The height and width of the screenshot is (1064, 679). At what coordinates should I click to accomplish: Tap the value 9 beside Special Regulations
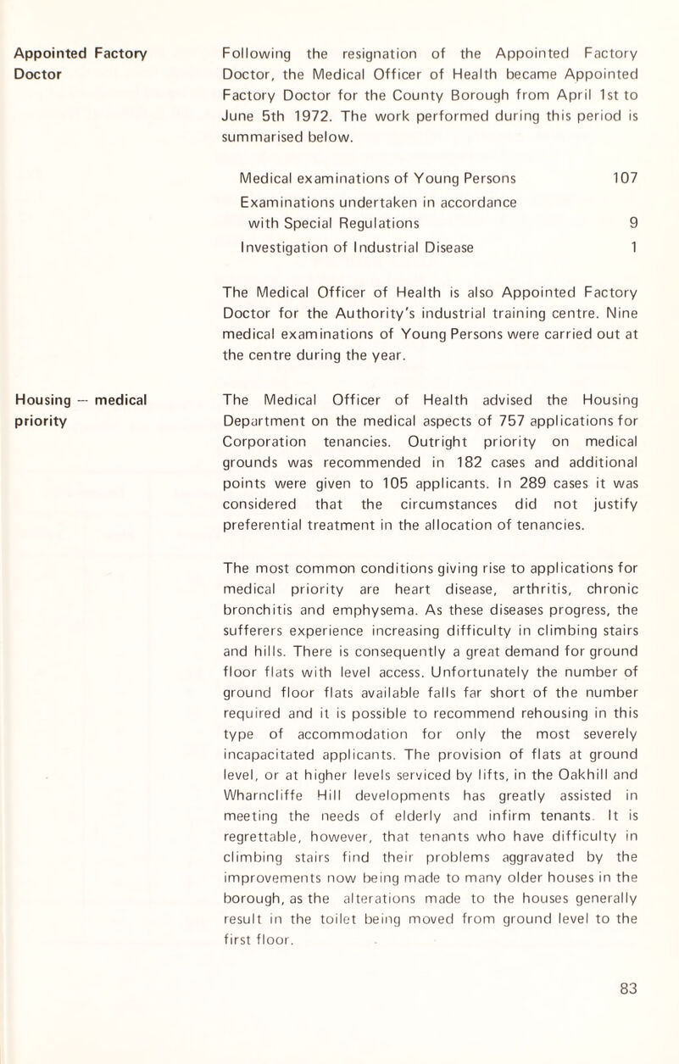tap(632, 224)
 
